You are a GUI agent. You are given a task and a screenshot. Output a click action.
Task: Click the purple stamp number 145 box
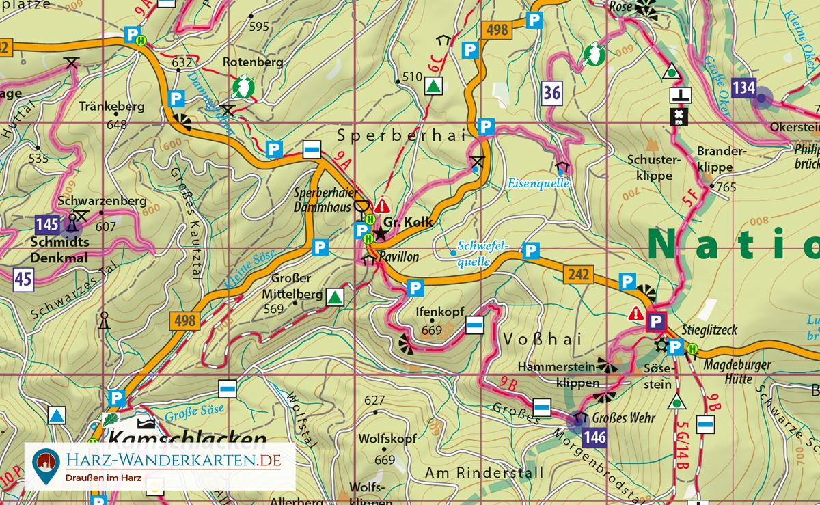[46, 224]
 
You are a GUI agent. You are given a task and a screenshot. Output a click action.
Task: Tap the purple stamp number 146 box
[596, 438]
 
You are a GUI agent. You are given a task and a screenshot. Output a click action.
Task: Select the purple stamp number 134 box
[743, 87]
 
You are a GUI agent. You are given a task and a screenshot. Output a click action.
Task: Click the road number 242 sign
[577, 274]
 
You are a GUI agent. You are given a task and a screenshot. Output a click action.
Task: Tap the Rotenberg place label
[253, 62]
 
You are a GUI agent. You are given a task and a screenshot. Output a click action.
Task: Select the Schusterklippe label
[649, 167]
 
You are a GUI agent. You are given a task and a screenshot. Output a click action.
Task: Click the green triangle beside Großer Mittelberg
[334, 297]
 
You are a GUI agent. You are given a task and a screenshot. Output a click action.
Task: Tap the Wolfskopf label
[387, 439]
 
